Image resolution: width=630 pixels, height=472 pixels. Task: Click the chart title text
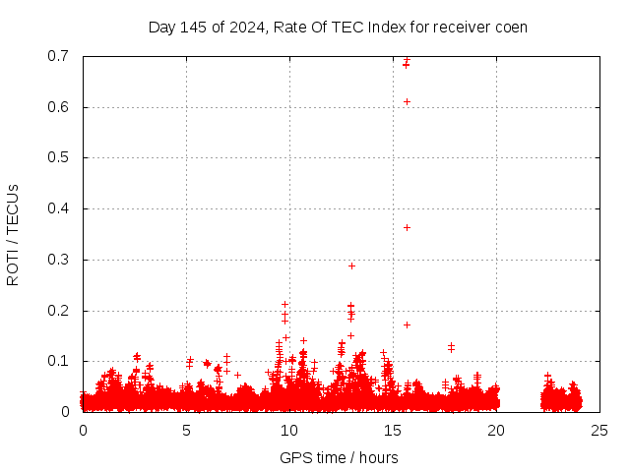[x=338, y=27]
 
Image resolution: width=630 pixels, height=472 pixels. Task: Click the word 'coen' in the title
[x=510, y=27]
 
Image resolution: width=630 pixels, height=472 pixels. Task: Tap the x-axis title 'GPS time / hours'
[x=339, y=457]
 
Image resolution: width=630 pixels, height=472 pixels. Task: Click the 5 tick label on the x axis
[x=186, y=430]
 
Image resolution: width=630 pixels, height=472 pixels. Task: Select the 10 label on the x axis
[x=289, y=430]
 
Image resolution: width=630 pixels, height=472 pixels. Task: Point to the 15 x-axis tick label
[x=393, y=430]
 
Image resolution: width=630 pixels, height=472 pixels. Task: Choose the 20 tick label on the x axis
[x=496, y=430]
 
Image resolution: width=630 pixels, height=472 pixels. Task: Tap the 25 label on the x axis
[x=599, y=430]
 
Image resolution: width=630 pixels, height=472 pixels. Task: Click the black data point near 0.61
[x=407, y=101]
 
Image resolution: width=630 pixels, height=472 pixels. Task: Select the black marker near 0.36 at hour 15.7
[x=407, y=227]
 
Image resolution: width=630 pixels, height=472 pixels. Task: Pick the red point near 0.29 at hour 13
[x=351, y=265]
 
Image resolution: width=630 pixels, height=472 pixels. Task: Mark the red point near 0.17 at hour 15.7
[x=407, y=324]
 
